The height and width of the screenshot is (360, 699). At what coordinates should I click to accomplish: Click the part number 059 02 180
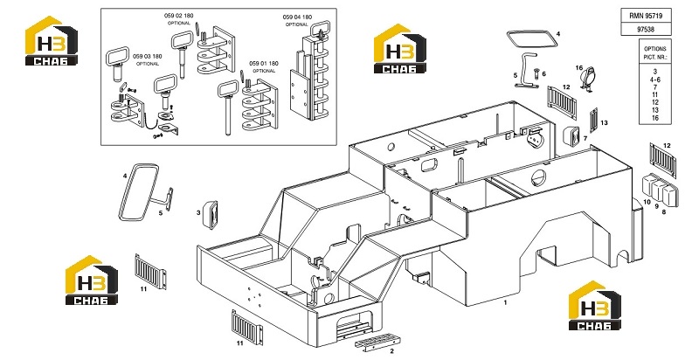179,16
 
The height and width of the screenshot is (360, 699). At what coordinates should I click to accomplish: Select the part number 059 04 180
297,17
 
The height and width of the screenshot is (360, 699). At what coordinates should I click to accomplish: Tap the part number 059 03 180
148,57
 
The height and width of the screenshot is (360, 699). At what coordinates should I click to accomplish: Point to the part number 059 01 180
264,64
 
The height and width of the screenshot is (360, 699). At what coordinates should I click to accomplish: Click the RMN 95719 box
646,15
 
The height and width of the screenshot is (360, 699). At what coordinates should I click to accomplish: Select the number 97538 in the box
646,30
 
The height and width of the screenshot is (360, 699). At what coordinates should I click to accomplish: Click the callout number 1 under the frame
506,302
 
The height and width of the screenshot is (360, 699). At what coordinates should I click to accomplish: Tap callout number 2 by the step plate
391,351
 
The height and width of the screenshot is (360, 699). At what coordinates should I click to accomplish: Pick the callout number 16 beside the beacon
579,68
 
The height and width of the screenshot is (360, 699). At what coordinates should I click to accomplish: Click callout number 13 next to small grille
604,123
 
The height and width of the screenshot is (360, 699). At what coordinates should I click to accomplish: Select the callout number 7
585,139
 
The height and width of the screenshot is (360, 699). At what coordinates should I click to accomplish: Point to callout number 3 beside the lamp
198,213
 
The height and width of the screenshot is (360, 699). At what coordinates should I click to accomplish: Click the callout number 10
647,202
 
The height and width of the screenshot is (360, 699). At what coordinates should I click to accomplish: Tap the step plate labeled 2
377,343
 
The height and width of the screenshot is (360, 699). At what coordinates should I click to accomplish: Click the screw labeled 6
536,73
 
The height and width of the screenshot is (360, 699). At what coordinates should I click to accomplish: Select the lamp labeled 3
210,215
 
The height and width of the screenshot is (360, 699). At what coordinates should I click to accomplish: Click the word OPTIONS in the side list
654,49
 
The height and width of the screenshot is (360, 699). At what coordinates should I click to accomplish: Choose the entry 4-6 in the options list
654,80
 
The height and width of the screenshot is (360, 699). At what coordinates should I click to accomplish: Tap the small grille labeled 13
593,120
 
